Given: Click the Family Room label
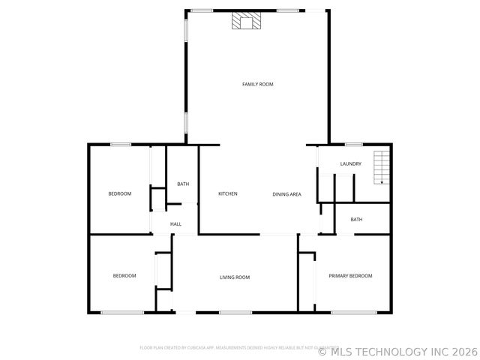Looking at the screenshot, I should click(x=257, y=84).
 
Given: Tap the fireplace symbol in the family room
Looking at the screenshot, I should click(x=246, y=22).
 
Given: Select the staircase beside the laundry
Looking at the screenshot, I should click(x=382, y=167).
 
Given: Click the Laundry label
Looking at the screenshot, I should click(x=350, y=164).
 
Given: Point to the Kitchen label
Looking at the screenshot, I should click(x=228, y=194).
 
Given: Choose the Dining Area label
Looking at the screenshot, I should click(x=286, y=194).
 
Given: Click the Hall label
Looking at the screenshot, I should click(x=175, y=224).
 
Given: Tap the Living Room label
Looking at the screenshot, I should click(x=235, y=277).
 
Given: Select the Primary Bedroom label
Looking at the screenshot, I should click(x=350, y=276).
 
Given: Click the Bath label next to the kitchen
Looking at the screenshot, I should click(x=183, y=184).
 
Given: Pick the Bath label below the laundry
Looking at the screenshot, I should click(x=356, y=220).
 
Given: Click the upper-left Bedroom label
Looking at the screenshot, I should click(x=120, y=193).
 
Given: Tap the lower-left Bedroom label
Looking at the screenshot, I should click(x=124, y=276).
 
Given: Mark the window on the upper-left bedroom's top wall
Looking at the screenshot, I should click(x=121, y=145).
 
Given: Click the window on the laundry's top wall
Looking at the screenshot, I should click(x=354, y=145).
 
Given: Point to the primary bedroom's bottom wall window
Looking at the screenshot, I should click(x=354, y=312).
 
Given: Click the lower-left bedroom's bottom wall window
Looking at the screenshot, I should click(x=122, y=312).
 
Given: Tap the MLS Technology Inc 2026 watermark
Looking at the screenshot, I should click(x=397, y=350).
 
